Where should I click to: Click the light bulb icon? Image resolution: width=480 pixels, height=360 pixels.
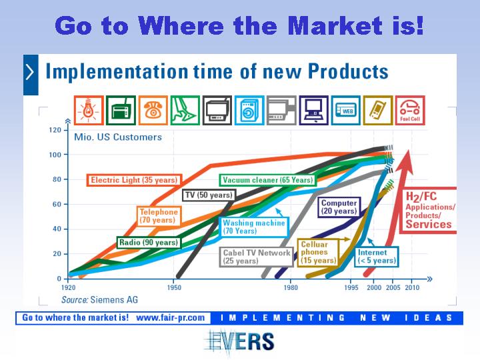[89, 110]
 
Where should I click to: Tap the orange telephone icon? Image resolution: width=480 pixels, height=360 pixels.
[153, 110]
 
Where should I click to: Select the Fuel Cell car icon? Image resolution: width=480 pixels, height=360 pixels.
[410, 110]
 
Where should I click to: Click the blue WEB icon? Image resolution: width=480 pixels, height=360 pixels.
[346, 110]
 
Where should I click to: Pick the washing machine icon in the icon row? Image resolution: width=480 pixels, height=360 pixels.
[249, 110]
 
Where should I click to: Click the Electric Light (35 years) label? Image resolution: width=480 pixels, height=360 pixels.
[134, 180]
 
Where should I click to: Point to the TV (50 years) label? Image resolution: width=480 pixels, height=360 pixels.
[209, 195]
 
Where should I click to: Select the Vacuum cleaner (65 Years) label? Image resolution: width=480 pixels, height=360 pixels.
[268, 180]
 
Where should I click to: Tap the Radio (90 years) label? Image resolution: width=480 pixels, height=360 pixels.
[149, 243]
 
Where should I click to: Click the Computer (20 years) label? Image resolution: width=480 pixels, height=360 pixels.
[339, 207]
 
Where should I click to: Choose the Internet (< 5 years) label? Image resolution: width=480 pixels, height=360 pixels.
[377, 257]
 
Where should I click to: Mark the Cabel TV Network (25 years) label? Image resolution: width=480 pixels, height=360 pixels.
[256, 257]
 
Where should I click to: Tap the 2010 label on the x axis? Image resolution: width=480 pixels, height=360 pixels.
[412, 287]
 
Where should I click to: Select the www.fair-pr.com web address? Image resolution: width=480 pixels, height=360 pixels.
[171, 318]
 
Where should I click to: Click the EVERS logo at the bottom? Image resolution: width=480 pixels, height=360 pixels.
[239, 342]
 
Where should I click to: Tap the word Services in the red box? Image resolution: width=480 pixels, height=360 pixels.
[429, 225]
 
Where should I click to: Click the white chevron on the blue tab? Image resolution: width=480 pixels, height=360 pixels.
[30, 73]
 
